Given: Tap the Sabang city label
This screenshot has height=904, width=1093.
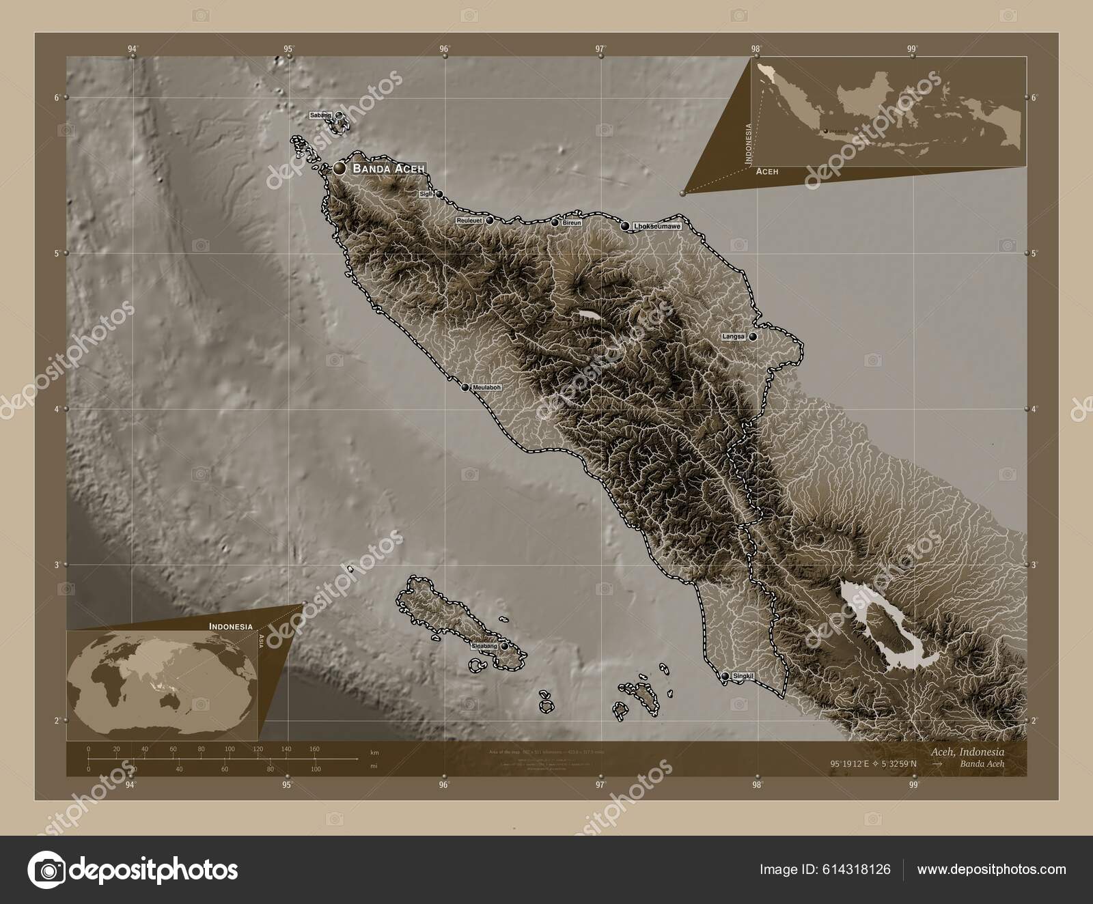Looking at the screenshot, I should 320,115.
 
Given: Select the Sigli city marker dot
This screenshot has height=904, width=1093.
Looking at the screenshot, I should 439,194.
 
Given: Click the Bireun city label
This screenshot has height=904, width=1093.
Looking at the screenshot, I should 572,223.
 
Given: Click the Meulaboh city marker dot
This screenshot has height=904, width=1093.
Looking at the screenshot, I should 465,387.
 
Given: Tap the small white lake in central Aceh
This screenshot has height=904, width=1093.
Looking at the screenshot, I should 588,315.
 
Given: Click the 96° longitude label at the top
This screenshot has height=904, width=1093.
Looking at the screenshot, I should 445,48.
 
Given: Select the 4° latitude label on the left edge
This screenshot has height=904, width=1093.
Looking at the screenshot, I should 57,409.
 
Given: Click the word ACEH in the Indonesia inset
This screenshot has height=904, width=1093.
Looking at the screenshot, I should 766,173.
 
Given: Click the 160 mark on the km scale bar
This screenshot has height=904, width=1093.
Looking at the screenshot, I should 314,749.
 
